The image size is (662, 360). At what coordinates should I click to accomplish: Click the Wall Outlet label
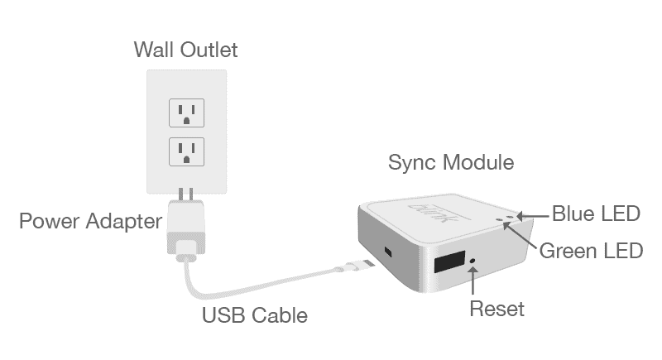coord(185,50)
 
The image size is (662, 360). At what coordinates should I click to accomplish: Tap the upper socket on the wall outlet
coord(187,113)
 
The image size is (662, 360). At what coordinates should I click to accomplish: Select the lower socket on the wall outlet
coord(187,151)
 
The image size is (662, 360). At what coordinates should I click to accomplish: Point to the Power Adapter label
coord(91,221)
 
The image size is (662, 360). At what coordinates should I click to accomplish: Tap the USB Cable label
coord(255,315)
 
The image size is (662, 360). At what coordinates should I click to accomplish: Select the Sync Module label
coord(451,162)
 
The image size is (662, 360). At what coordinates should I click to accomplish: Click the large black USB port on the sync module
coord(449,262)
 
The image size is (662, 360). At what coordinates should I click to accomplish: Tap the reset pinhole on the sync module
coord(473,261)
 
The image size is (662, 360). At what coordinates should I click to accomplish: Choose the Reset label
coord(497,309)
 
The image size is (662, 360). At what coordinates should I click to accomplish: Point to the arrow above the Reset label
coord(473,281)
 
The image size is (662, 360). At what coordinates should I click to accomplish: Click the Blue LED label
coord(596,214)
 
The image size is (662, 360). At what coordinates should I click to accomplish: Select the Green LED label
coord(591,251)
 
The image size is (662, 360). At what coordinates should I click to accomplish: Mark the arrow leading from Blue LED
coord(533,217)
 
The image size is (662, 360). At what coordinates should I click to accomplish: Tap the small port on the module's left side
coord(388,252)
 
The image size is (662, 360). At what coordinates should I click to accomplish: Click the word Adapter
coord(124,222)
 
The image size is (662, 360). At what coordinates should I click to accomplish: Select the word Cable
coord(281,315)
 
